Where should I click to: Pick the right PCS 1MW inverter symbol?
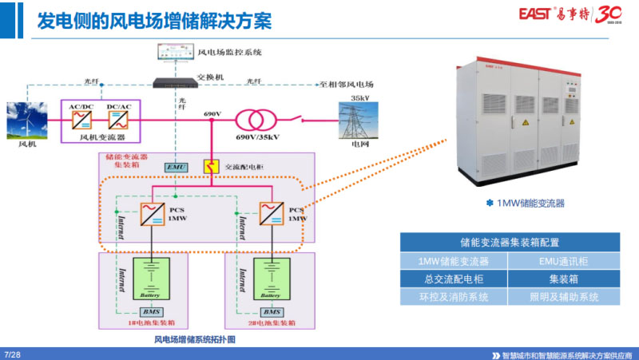click(271, 213)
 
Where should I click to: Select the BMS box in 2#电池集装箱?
click(272, 311)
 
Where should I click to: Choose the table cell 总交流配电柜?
click(453, 279)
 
